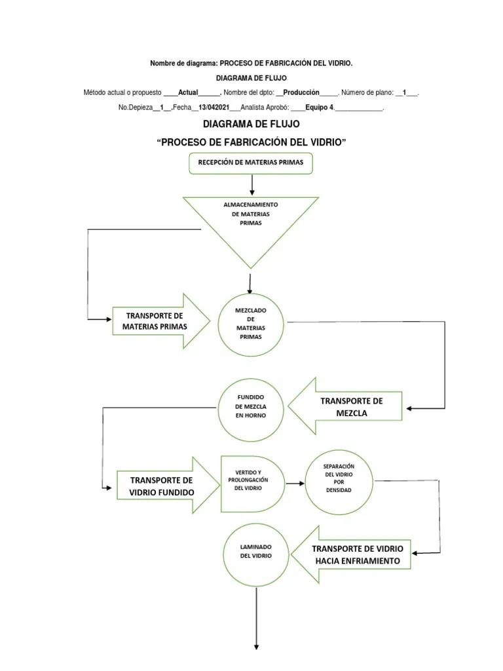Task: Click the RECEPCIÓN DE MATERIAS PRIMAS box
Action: coord(251,163)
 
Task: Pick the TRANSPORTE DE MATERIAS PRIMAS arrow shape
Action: coord(161,321)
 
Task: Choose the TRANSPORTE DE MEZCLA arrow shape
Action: coord(345,406)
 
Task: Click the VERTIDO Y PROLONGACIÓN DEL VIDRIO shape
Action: coord(252,484)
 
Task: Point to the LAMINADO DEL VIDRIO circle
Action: coord(256,555)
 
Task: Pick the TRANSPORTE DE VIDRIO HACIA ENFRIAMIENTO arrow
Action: coord(350,554)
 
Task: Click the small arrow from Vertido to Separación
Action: coord(295,484)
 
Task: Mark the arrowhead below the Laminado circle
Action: coord(256,647)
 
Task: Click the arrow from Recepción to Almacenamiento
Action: coord(252,185)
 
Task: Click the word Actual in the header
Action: coord(188,92)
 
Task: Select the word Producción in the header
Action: coord(301,92)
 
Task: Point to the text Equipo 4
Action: coord(320,107)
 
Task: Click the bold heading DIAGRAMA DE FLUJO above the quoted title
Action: coord(251,124)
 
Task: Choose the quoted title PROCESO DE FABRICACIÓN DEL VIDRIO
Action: coord(251,142)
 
